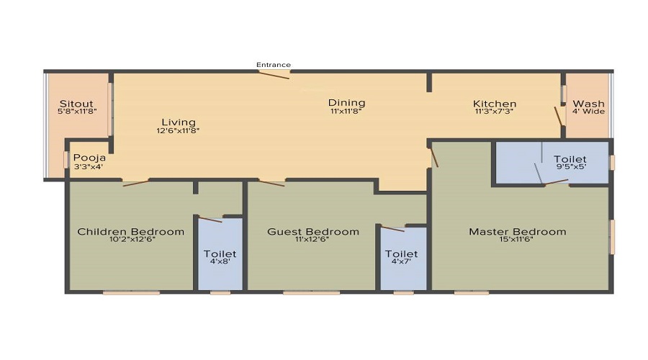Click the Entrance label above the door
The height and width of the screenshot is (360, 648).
coord(274,65)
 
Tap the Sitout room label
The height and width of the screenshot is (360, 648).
coord(76,103)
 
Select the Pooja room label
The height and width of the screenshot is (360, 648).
coord(89,158)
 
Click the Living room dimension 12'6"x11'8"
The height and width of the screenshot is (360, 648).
coord(178,131)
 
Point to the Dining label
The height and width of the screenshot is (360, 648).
coord(347,102)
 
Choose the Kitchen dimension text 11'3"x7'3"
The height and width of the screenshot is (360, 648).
coord(495,112)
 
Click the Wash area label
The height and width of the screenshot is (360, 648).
coord(588,104)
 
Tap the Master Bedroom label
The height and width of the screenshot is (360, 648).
coord(517,231)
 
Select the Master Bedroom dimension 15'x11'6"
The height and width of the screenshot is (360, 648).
coord(517,240)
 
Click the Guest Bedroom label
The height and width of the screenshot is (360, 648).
coord(312,231)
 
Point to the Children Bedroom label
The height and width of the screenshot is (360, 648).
coord(130,231)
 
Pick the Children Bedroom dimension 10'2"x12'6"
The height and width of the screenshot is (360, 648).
coord(130,240)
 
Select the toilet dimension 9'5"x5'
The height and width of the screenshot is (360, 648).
coord(570,168)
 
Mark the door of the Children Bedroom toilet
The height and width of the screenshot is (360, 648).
coord(210,219)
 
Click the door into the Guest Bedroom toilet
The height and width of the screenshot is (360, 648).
coord(393,229)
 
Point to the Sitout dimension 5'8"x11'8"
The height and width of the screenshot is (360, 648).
coord(76,112)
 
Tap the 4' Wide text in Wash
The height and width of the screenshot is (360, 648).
coord(588,112)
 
